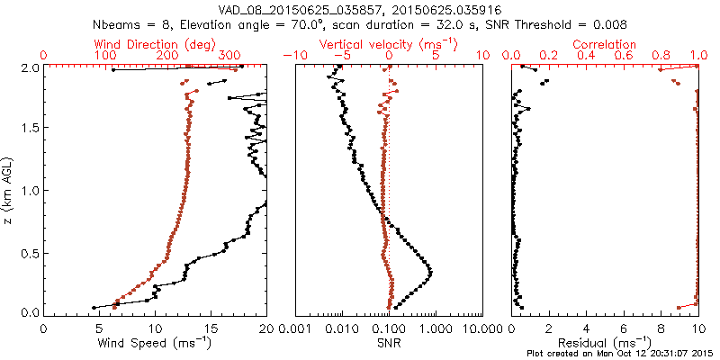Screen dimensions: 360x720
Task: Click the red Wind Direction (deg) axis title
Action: [x=155, y=44]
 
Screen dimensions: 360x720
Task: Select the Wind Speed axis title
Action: [x=155, y=344]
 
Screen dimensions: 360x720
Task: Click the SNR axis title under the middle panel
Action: [x=389, y=344]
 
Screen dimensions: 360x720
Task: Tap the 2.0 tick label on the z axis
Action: [x=29, y=67]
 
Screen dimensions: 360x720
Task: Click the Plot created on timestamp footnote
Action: [x=620, y=354]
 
